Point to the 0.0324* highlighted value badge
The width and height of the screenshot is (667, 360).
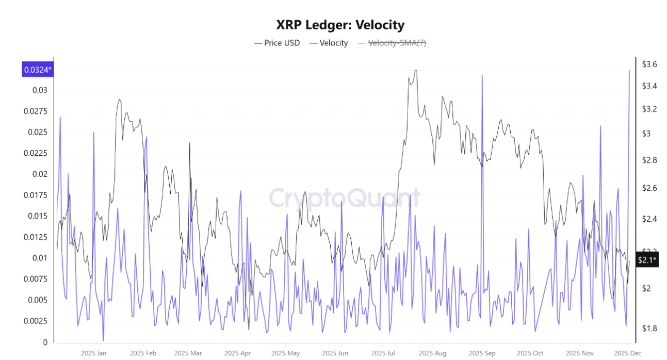(38, 69)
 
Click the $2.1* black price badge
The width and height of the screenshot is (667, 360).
(647, 260)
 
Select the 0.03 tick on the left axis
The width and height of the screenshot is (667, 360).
(40, 90)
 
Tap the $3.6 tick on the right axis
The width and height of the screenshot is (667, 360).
(649, 64)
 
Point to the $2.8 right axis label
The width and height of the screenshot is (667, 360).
(649, 160)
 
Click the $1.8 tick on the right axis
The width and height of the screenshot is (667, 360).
(649, 328)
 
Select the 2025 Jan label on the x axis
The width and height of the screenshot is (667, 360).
(94, 353)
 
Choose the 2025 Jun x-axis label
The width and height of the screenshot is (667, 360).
(334, 353)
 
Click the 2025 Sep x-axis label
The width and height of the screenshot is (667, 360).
(482, 353)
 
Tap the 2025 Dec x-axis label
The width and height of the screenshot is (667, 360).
(627, 353)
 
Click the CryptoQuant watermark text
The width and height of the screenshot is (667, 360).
(344, 198)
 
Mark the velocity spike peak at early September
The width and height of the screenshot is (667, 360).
(482, 76)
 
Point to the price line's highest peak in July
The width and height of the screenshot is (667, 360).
(415, 71)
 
